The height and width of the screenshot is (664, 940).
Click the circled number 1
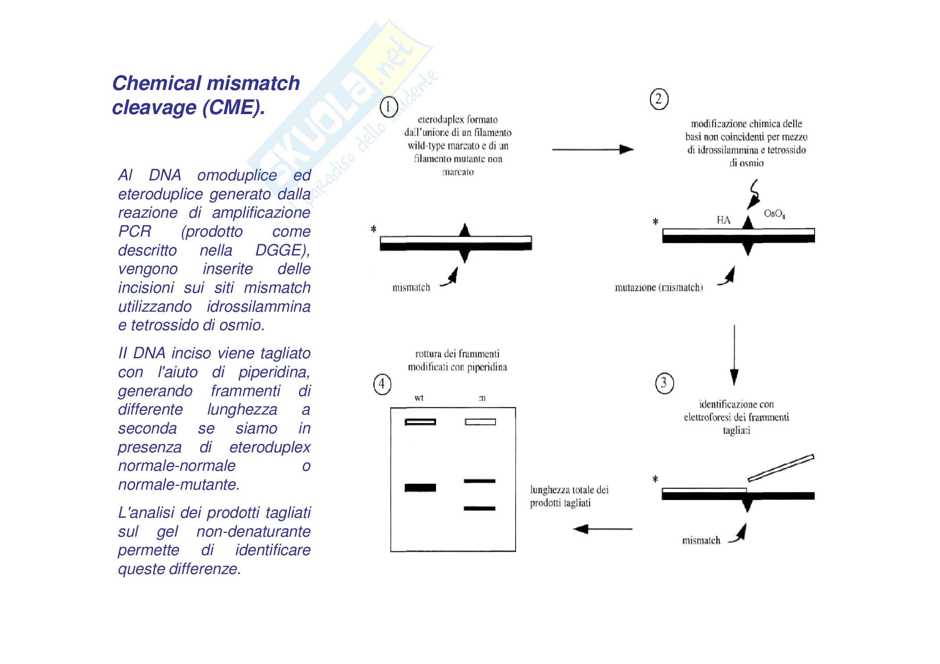389,107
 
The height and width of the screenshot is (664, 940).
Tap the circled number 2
659,99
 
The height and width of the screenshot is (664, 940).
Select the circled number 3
664,383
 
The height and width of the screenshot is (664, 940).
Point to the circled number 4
382,384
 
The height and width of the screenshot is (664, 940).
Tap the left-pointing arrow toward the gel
602,529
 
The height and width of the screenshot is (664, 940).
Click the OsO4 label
774,214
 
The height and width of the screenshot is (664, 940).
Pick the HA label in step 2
723,220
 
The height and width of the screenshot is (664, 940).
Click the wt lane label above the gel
419,398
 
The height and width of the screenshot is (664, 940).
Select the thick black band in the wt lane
420,488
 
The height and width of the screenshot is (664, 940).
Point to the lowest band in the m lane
479,509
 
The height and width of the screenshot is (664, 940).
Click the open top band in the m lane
480,422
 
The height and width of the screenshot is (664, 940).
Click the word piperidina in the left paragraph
274,372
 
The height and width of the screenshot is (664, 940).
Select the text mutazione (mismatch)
658,288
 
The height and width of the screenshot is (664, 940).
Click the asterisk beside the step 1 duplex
373,229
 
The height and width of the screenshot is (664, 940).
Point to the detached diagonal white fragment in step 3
780,468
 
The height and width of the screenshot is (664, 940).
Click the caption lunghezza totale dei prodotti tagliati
569,496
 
